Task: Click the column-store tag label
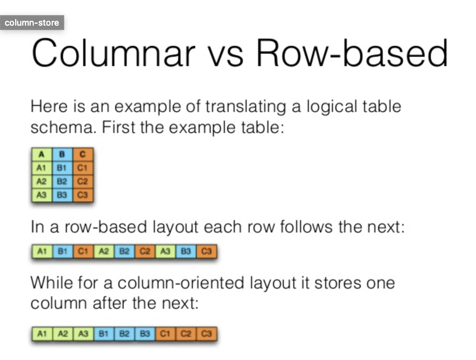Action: point(32,23)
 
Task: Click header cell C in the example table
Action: point(82,155)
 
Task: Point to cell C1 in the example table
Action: point(82,168)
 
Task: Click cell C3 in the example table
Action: point(82,195)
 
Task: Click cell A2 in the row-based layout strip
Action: point(103,252)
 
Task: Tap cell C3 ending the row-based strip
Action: point(206,252)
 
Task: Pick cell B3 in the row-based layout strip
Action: point(186,252)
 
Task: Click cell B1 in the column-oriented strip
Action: point(103,334)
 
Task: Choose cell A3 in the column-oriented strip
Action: point(83,334)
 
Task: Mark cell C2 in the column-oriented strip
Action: point(186,334)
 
